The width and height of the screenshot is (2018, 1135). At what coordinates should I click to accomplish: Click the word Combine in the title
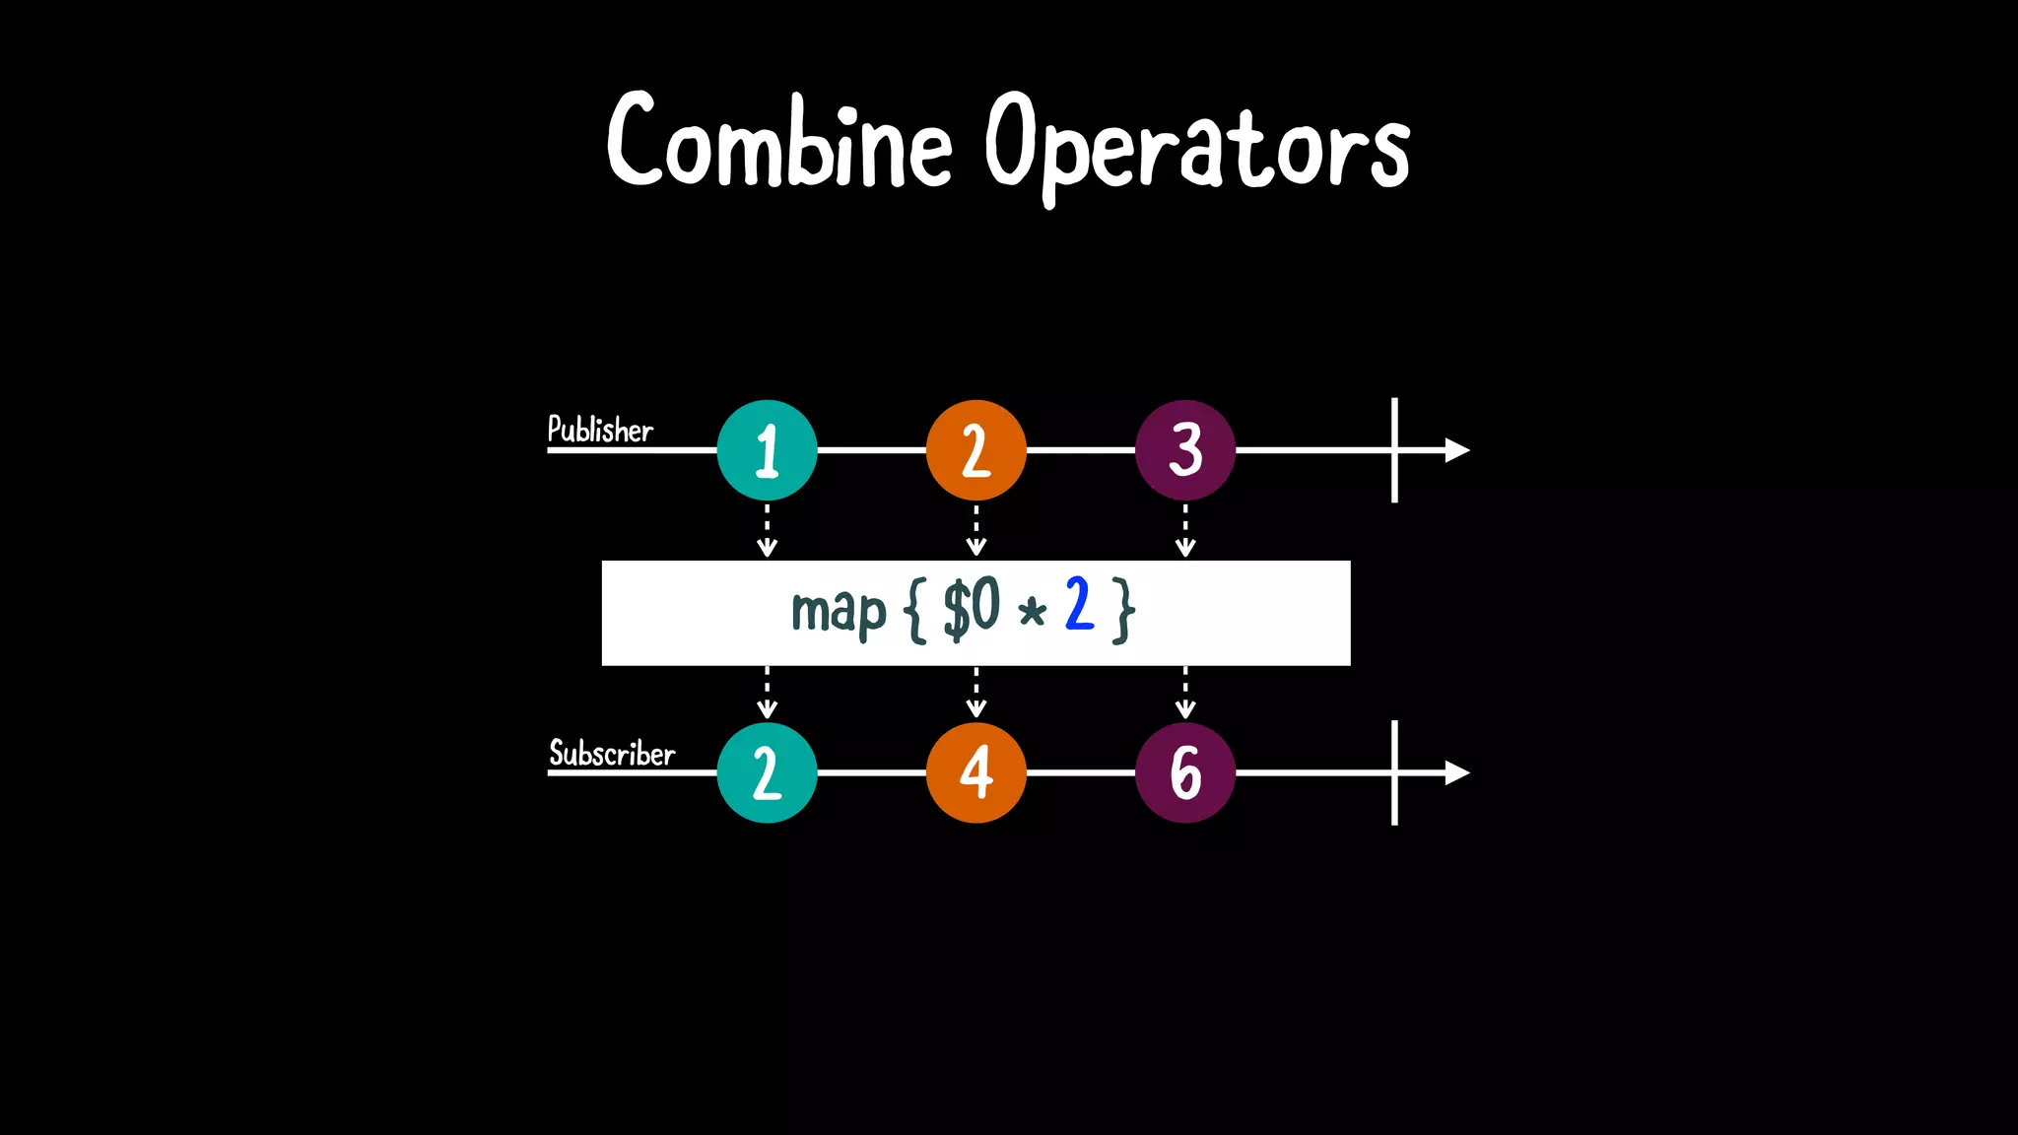click(x=778, y=143)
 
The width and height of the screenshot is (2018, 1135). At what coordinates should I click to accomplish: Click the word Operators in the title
click(x=1196, y=148)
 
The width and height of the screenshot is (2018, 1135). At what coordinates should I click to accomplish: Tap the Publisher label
click(x=600, y=430)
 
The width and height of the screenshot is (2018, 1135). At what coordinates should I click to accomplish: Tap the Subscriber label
click(x=611, y=754)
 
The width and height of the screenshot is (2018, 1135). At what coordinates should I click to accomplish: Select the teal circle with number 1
click(x=767, y=450)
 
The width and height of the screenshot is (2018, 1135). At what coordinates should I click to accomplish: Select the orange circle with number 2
click(x=975, y=450)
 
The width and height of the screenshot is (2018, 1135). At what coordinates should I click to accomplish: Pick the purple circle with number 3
click(x=1184, y=450)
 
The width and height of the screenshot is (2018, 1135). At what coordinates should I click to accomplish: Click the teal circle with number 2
click(x=767, y=772)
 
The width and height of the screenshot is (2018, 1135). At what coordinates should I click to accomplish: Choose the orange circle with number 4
click(x=975, y=772)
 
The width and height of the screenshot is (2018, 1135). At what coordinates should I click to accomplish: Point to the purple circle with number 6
click(x=1184, y=772)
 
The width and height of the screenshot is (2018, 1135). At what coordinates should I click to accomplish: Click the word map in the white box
click(x=839, y=612)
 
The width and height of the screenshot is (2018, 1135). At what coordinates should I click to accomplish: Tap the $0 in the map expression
click(x=972, y=608)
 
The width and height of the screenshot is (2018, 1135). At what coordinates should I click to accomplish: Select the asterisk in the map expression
click(x=1032, y=614)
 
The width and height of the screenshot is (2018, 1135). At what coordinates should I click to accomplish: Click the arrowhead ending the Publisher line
click(x=1456, y=450)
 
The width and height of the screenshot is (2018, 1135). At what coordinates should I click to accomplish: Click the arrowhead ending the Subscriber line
click(x=1456, y=773)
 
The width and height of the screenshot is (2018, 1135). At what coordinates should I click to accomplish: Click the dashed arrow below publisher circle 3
click(x=1185, y=532)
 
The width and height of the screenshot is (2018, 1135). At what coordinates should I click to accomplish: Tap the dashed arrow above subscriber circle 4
click(x=976, y=694)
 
